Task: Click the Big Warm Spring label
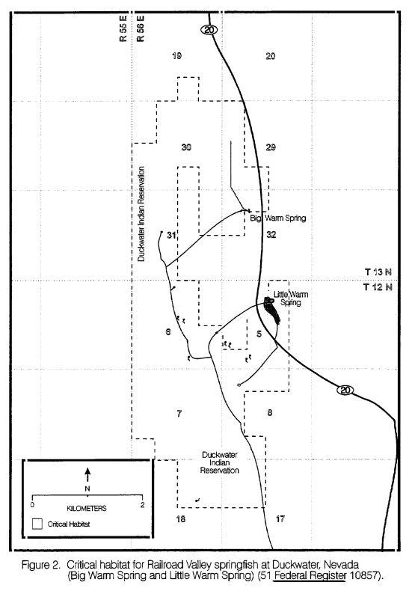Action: [278, 218]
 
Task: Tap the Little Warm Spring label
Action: [291, 298]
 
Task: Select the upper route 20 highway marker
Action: [209, 29]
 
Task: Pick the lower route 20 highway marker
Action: [345, 390]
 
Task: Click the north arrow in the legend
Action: [87, 474]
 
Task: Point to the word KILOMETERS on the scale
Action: [87, 509]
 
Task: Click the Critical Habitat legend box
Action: [37, 524]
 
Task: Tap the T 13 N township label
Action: [378, 272]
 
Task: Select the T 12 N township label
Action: [378, 287]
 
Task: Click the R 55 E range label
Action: [123, 28]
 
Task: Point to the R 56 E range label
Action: [141, 28]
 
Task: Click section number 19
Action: [176, 56]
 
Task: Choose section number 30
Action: [186, 147]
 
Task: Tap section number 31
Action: [171, 235]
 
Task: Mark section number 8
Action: [270, 413]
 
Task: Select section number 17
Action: [280, 519]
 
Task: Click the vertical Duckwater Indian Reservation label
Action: [141, 214]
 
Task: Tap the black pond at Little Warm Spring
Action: [272, 310]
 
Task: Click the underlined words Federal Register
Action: [310, 575]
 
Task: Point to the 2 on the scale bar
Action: [142, 505]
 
